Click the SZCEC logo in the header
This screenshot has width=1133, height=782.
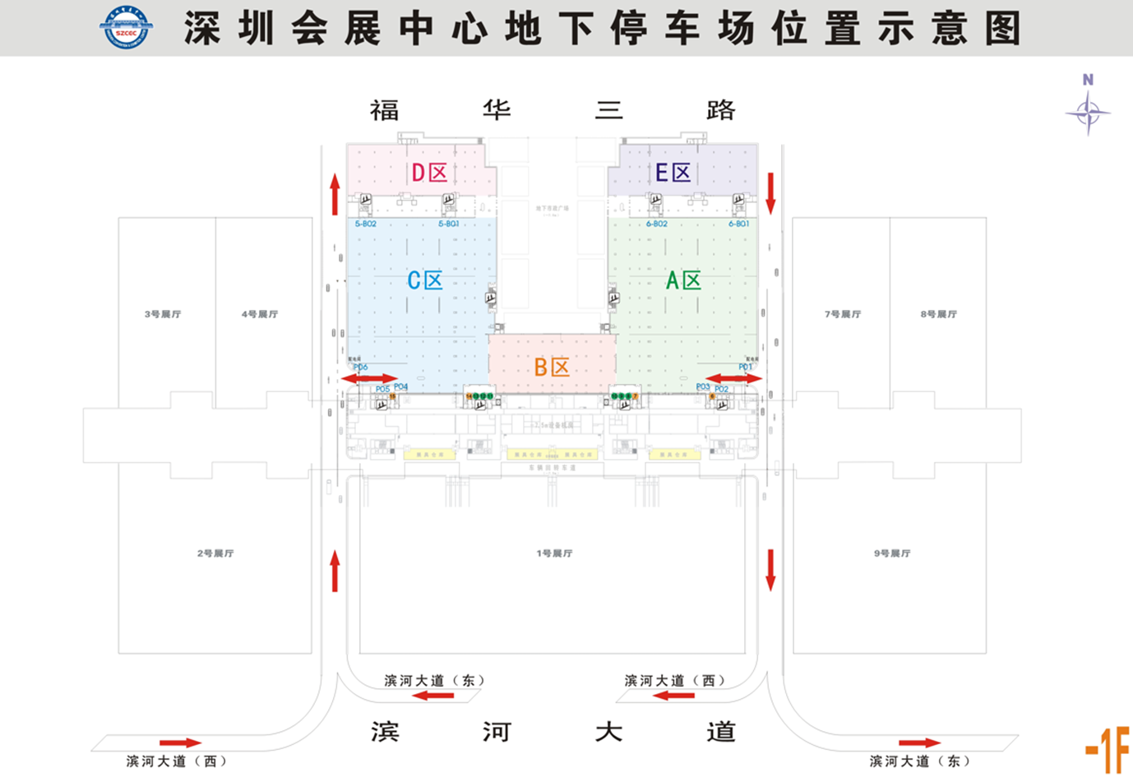(126, 26)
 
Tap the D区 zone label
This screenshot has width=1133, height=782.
(429, 173)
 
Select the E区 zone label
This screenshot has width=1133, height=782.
(673, 173)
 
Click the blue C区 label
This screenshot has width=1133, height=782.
(425, 280)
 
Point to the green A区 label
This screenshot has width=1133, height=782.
(683, 280)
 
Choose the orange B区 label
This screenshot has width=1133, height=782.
(552, 367)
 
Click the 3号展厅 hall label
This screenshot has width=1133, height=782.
(163, 314)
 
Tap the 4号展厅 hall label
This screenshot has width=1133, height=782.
(260, 314)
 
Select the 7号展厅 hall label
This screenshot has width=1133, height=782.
(843, 314)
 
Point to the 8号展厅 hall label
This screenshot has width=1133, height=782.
(939, 314)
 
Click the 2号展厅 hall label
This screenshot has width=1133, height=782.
(215, 553)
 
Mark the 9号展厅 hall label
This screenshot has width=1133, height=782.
(892, 553)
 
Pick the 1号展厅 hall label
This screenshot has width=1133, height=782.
(554, 553)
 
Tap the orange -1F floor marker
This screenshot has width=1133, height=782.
(1108, 749)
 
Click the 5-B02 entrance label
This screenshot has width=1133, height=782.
(366, 224)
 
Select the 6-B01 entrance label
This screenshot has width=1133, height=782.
(738, 224)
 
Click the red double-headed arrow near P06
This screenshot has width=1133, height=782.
(369, 378)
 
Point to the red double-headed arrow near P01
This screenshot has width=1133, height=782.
(733, 378)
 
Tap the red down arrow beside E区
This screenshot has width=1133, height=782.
(770, 193)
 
